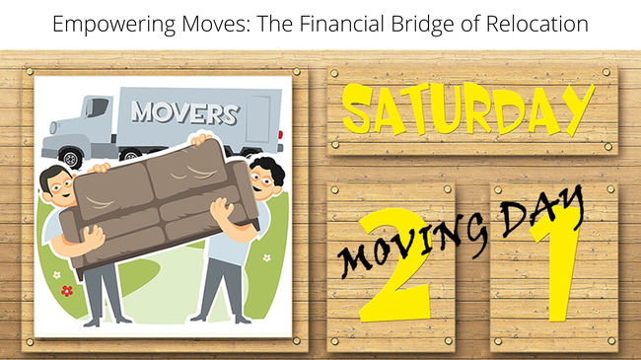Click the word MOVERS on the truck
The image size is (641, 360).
pyautogui.click(x=184, y=112)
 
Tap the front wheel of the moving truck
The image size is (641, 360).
pyautogui.click(x=70, y=156)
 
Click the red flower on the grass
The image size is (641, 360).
pyautogui.click(x=66, y=291)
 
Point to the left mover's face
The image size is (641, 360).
pyautogui.click(x=58, y=187)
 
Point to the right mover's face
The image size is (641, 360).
pyautogui.click(x=261, y=179)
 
